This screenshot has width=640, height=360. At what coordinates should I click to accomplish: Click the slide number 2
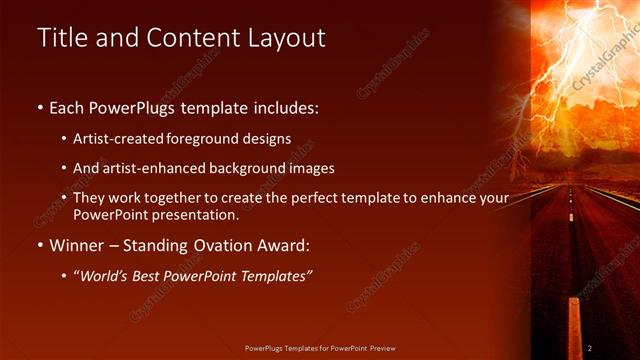click(x=590, y=348)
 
